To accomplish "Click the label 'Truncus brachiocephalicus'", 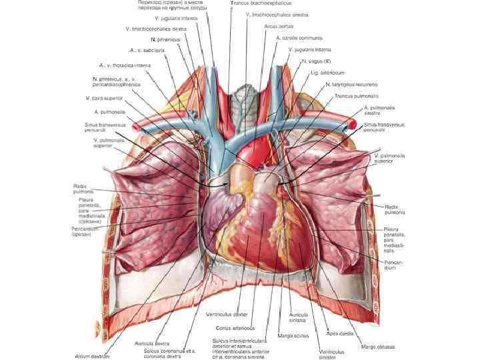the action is (261, 3).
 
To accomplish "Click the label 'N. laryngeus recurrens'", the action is (352, 85).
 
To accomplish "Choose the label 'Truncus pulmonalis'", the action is (353, 96).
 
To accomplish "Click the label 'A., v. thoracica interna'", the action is (125, 65).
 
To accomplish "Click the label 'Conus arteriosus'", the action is (235, 328).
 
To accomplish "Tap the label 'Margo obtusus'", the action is (377, 347).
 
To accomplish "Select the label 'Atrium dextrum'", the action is (92, 356).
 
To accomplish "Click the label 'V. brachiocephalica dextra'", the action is (156, 29).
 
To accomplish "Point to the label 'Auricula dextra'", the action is (151, 343).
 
